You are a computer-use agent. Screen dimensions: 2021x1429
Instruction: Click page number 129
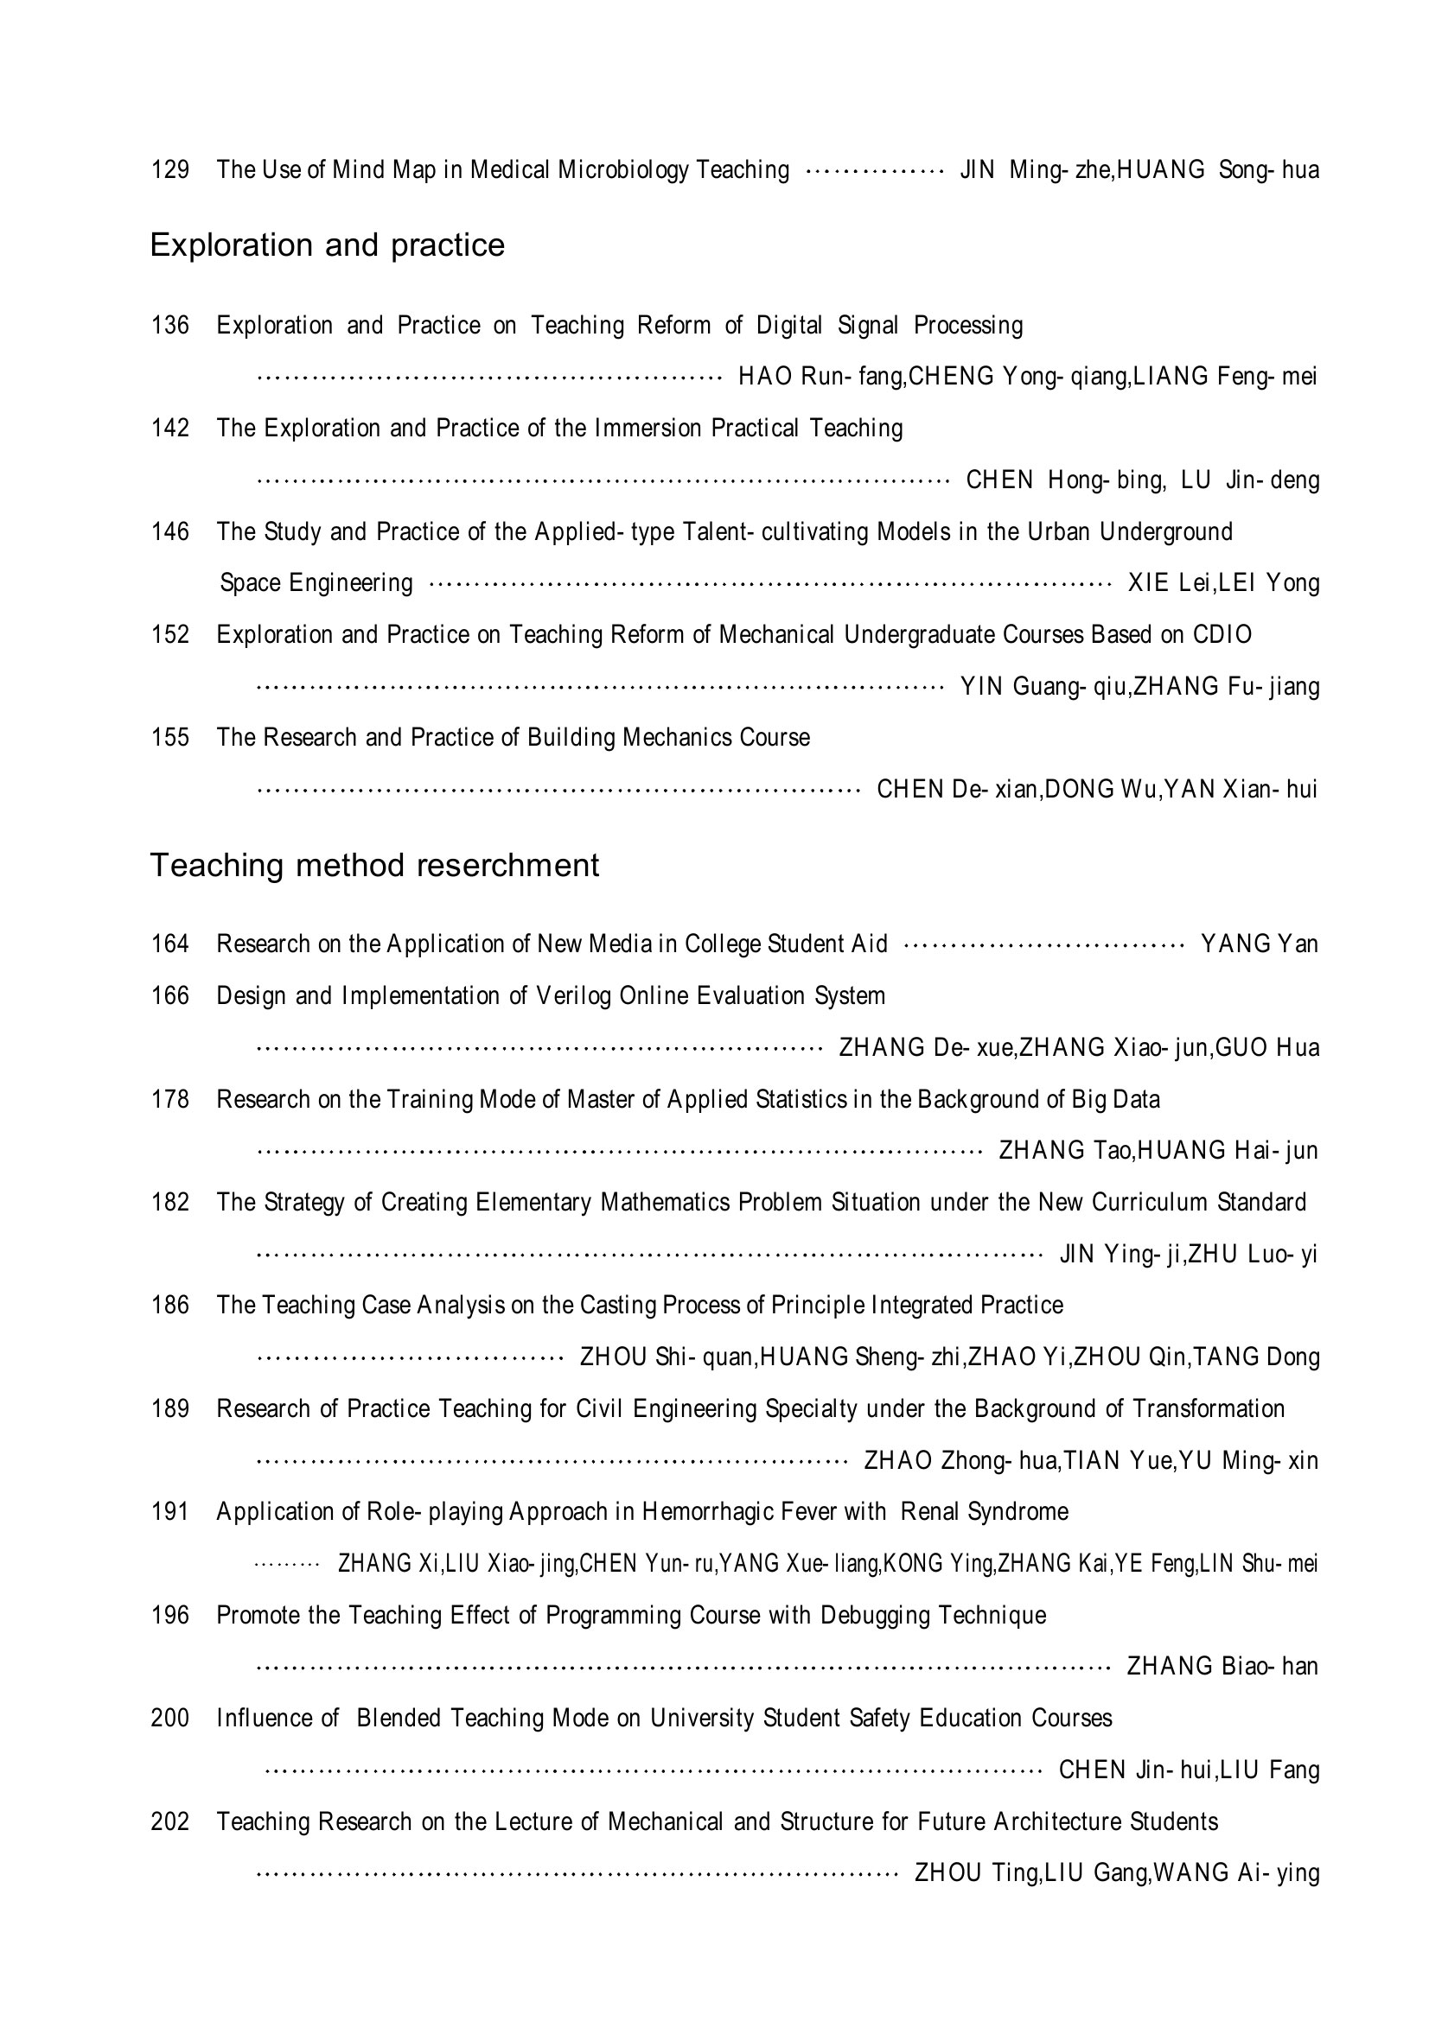tap(170, 169)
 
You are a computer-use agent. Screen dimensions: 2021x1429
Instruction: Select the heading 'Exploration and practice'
tap(327, 245)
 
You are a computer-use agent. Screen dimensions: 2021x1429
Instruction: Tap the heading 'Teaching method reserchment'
tap(374, 865)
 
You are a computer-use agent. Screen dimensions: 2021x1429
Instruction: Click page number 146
tap(170, 531)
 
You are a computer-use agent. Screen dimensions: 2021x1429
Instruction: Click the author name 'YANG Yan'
tap(1259, 944)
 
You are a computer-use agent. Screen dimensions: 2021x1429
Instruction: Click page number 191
tap(170, 1512)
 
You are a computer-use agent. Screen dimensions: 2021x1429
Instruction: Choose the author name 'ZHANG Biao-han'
tap(1222, 1666)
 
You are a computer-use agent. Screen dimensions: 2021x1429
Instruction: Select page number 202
tap(170, 1821)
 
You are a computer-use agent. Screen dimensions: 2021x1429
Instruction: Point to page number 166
tap(170, 995)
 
